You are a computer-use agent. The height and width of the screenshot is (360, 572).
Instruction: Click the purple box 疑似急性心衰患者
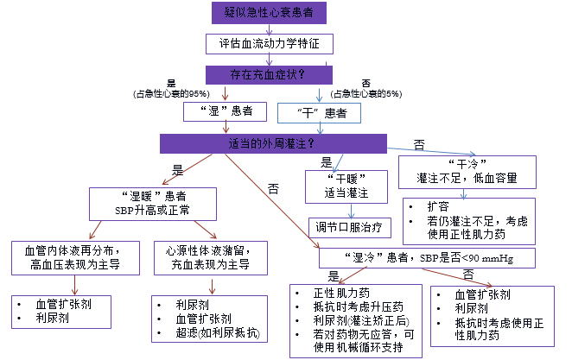(269, 13)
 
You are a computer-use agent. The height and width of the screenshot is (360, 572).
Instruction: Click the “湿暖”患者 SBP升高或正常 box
(163, 203)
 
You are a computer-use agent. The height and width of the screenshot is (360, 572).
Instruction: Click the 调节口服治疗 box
(351, 227)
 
